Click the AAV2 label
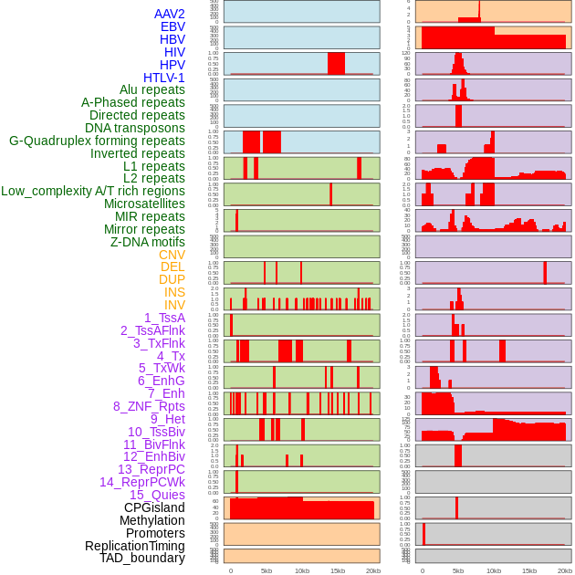[x=170, y=14]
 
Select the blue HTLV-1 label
[x=164, y=78]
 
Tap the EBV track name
[x=172, y=26]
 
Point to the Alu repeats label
[x=152, y=89]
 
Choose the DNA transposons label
[x=135, y=128]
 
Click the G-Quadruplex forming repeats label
[x=97, y=141]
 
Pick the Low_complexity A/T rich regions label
[x=93, y=191]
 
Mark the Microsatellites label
[x=144, y=204]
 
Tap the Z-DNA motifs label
[x=148, y=242]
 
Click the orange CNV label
[x=172, y=255]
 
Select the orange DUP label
[x=172, y=279]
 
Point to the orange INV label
[x=174, y=305]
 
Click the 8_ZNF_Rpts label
[x=149, y=406]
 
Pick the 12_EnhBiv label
[x=154, y=456]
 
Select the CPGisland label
[x=154, y=507]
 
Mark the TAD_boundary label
[x=142, y=558]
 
